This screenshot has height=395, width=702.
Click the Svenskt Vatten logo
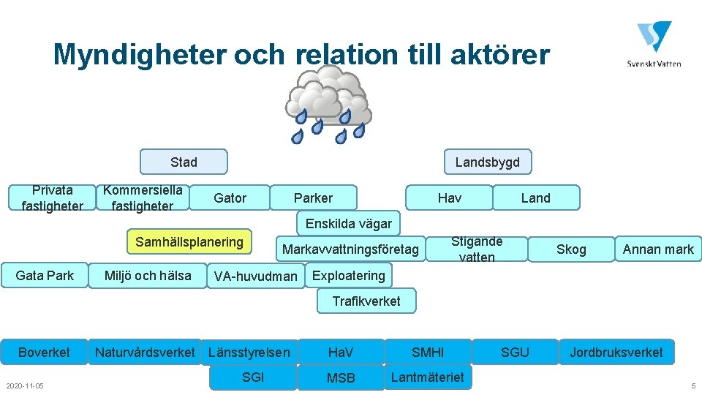pyautogui.click(x=654, y=45)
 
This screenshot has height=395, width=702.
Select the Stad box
pyautogui.click(x=184, y=162)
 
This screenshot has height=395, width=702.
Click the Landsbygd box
pyautogui.click(x=487, y=162)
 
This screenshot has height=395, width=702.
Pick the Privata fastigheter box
pyautogui.click(x=52, y=197)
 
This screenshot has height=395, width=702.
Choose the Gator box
pyautogui.click(x=230, y=197)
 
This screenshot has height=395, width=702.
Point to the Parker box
pyautogui.click(x=313, y=197)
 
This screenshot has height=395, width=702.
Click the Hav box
pyautogui.click(x=449, y=197)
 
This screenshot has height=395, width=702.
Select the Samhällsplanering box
pyautogui.click(x=189, y=242)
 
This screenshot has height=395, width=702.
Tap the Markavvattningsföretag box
pyautogui.click(x=350, y=249)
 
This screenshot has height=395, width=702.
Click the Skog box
pyautogui.click(x=571, y=249)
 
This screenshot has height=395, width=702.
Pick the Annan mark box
pyautogui.click(x=658, y=249)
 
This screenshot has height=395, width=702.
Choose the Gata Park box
pyautogui.click(x=45, y=275)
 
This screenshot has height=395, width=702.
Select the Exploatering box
pyautogui.click(x=348, y=275)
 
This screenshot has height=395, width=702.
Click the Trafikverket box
pyautogui.click(x=366, y=301)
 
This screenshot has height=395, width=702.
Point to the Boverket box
pyautogui.click(x=44, y=352)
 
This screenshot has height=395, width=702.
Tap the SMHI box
pyautogui.click(x=428, y=352)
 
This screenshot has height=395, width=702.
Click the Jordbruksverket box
pyautogui.click(x=616, y=352)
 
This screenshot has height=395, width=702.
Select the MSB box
pyautogui.click(x=341, y=377)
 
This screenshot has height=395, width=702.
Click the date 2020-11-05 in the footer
pyautogui.click(x=25, y=385)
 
